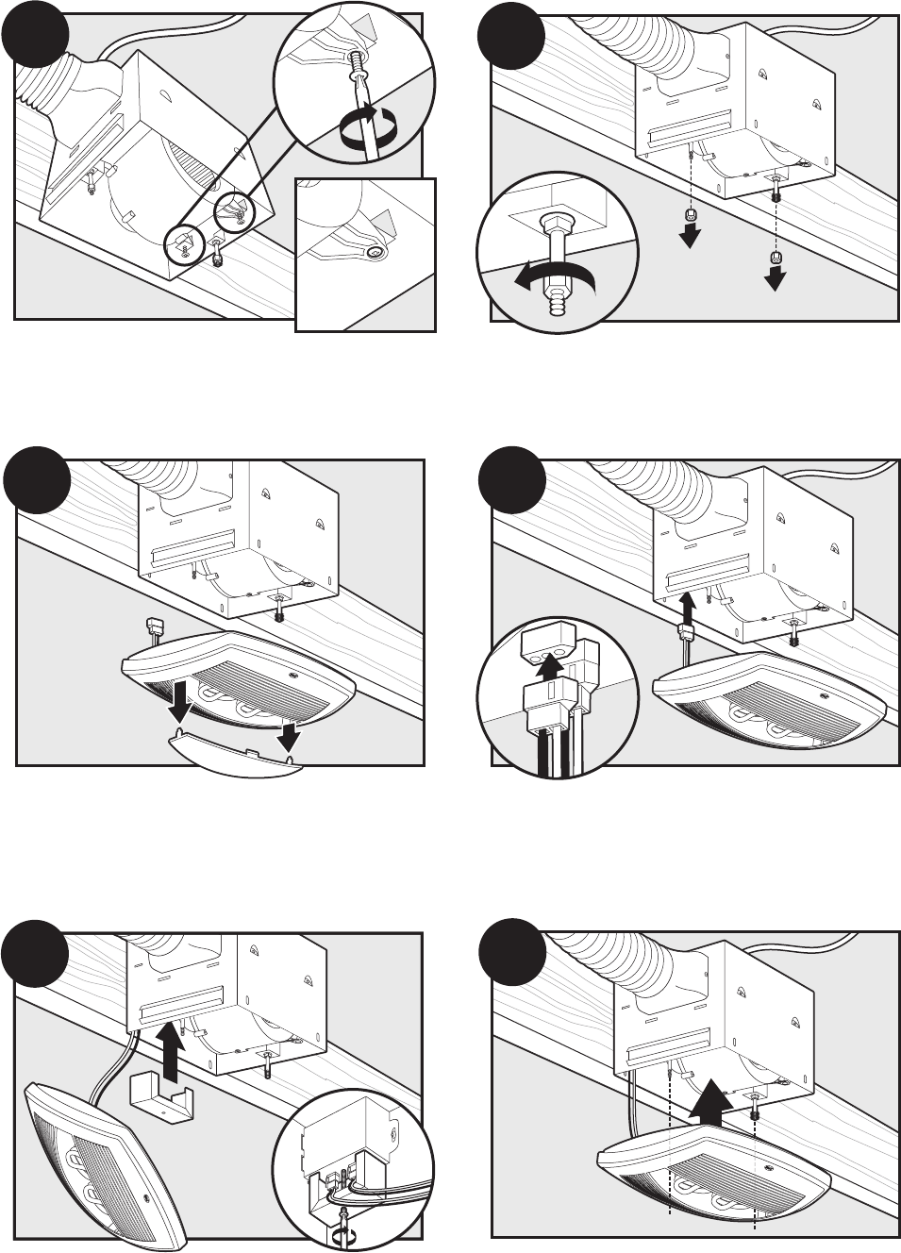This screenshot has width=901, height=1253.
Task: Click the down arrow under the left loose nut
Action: (691, 235)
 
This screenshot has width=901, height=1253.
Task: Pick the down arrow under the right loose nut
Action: (776, 276)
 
